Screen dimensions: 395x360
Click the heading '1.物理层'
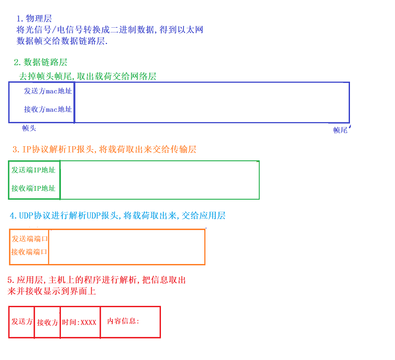tap(34, 19)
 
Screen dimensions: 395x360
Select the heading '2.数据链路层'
tap(40, 62)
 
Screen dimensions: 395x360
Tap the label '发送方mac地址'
tap(48, 91)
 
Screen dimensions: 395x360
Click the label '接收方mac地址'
tap(48, 110)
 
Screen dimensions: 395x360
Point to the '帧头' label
tap(29, 128)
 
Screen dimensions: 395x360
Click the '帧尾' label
tap(341, 130)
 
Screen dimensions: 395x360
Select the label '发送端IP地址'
tap(34, 170)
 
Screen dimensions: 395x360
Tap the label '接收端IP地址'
tap(34, 188)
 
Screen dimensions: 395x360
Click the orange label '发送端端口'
tap(30, 238)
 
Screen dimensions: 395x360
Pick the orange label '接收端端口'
tap(30, 252)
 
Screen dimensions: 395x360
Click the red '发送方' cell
tap(22, 321)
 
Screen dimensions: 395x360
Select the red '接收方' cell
tap(47, 322)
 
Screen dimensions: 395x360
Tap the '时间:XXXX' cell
tap(79, 322)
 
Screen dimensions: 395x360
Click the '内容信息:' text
tap(123, 321)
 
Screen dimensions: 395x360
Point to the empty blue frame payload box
tap(212, 103)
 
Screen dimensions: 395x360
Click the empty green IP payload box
tap(159, 180)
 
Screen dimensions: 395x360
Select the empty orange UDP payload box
tap(126, 247)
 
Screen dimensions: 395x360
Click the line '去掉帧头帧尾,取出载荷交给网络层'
tap(87, 77)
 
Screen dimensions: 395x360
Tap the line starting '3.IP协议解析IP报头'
tap(104, 149)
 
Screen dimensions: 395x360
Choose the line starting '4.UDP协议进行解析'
tap(117, 215)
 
